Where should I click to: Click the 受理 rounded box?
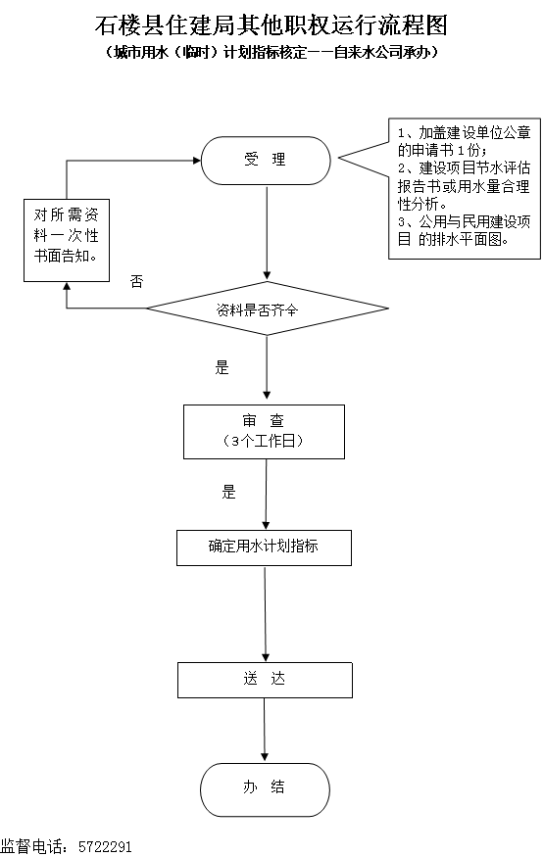tap(266, 161)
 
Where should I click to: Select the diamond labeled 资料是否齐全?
tap(268, 309)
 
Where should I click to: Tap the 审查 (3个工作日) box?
tap(264, 432)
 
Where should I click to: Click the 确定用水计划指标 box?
tap(264, 548)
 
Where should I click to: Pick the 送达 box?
tap(265, 681)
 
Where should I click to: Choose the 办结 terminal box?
tap(266, 789)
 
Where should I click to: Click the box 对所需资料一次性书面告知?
tap(67, 241)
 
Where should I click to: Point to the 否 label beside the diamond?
tap(136, 281)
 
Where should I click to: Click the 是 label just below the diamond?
tap(222, 367)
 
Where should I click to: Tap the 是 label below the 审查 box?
tap(228, 492)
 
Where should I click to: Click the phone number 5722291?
tap(105, 847)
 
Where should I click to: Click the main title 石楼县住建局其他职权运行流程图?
tap(271, 25)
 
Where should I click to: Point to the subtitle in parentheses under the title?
tap(271, 53)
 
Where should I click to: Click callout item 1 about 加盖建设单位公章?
tap(465, 142)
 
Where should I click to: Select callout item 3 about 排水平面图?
tap(465, 230)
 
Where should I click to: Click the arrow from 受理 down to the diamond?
tap(267, 233)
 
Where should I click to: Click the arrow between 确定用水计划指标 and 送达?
tap(266, 614)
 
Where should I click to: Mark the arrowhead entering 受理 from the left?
tap(197, 161)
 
